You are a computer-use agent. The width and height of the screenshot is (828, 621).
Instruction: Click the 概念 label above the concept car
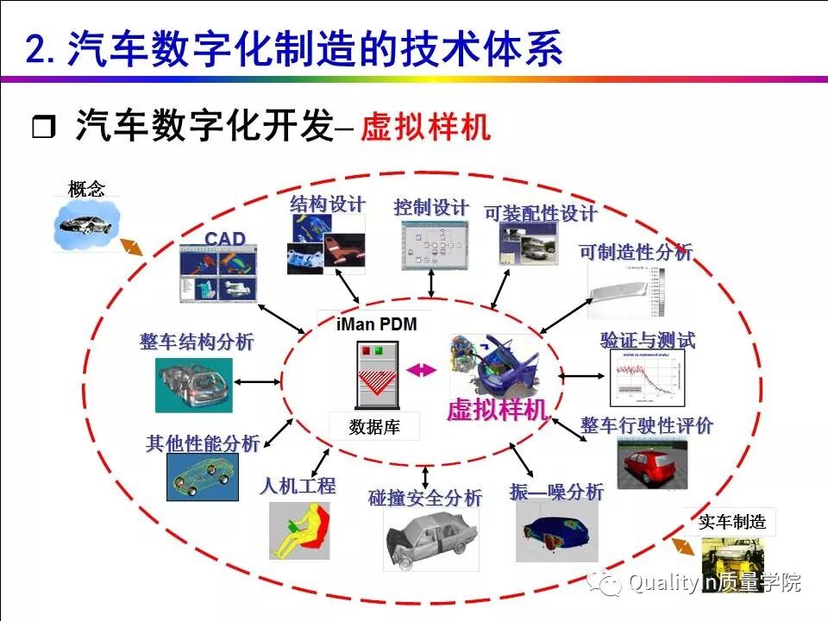86,189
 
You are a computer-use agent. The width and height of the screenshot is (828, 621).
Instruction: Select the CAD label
225,239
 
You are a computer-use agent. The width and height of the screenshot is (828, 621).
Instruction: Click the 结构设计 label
328,204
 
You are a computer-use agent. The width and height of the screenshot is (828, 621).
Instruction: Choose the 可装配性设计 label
541,213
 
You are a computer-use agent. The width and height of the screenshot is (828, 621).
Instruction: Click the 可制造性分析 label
636,252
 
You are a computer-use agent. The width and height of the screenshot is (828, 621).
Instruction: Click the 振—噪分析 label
557,492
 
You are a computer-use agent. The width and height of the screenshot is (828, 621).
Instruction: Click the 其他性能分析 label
203,444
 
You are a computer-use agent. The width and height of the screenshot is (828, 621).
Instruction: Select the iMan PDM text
376,324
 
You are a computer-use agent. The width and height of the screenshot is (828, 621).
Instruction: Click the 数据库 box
374,426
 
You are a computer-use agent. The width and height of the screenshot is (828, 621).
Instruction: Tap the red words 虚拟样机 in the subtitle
426,128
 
